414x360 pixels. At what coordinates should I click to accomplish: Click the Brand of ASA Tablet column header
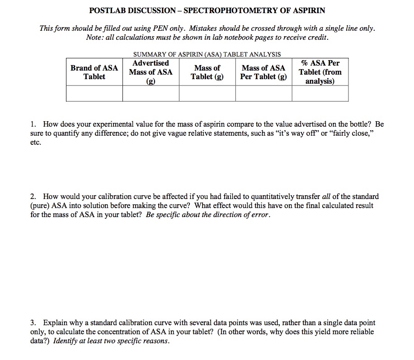[x=94, y=72]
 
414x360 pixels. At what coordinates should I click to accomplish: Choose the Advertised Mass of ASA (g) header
[x=151, y=72]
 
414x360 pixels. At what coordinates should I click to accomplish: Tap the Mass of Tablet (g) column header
[x=207, y=72]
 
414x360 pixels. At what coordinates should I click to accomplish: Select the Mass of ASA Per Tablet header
[x=263, y=72]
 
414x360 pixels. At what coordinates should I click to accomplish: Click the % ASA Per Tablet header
[x=320, y=72]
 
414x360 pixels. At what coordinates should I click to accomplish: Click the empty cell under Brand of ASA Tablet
[x=94, y=94]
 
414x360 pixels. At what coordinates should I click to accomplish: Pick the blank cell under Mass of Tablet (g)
[x=207, y=94]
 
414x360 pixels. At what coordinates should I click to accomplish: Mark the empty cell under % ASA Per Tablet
[x=320, y=94]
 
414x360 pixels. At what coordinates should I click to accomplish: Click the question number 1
[x=33, y=124]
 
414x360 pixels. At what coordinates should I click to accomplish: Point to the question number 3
[x=33, y=323]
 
